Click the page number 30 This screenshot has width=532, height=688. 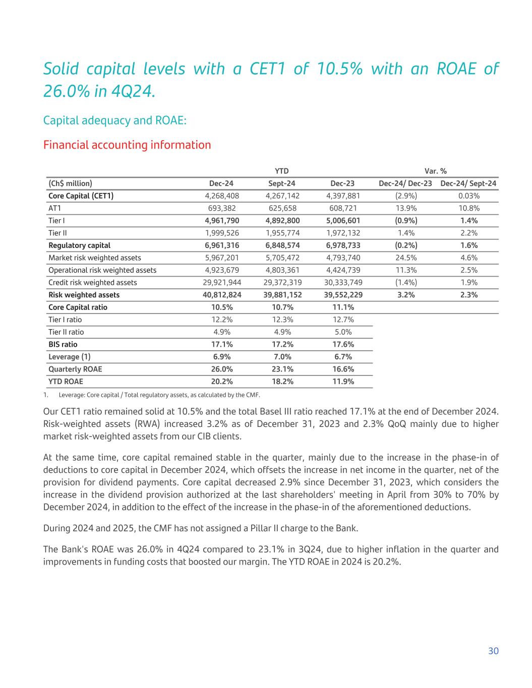point(493,651)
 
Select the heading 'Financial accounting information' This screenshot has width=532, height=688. point(127,145)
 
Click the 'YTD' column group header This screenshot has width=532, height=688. point(281,171)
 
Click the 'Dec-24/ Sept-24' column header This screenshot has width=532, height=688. point(468,183)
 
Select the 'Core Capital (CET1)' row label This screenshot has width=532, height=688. point(81,196)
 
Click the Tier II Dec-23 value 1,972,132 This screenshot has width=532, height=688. point(343,233)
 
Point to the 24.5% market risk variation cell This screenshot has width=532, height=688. point(406,258)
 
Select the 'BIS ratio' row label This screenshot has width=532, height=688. point(63,344)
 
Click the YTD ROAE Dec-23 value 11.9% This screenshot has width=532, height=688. point(343,382)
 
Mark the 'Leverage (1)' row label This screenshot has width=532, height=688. point(70,357)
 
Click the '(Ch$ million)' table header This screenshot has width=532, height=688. point(70,183)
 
